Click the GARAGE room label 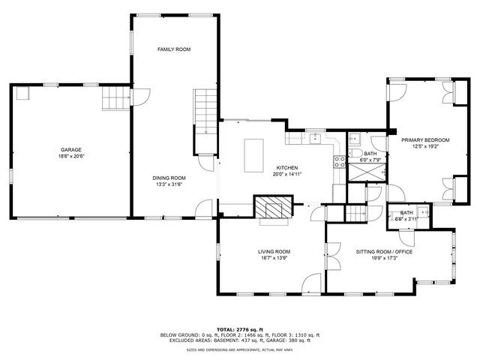pyautogui.click(x=71, y=149)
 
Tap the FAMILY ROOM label pyautogui.click(x=173, y=49)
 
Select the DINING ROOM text pyautogui.click(x=170, y=178)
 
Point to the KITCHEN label pyautogui.click(x=287, y=167)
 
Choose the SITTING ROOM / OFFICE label pyautogui.click(x=384, y=251)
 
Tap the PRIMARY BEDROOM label pyautogui.click(x=425, y=140)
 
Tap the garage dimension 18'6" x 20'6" pyautogui.click(x=71, y=156)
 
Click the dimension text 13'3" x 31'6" pyautogui.click(x=170, y=184)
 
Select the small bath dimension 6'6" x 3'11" pyautogui.click(x=406, y=219)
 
